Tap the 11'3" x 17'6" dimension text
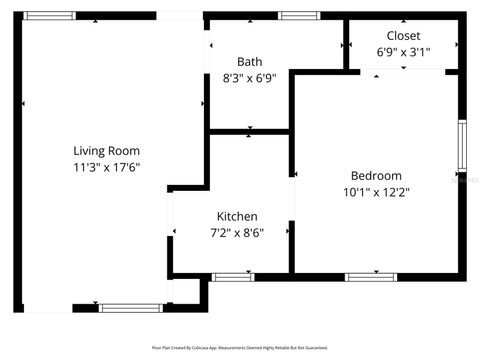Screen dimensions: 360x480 (x=106, y=166)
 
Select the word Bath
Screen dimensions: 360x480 (x=249, y=61)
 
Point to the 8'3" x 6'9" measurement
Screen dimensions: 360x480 (x=249, y=77)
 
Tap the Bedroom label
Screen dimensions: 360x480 (x=376, y=176)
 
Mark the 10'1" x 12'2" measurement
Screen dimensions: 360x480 (x=376, y=193)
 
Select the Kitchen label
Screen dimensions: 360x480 (x=237, y=216)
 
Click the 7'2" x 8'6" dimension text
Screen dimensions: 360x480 (x=237, y=233)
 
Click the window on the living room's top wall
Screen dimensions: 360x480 (x=49, y=16)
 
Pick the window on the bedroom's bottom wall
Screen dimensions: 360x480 (x=371, y=276)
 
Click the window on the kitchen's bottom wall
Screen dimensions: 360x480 (x=233, y=276)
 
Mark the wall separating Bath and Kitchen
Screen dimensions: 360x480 (x=249, y=130)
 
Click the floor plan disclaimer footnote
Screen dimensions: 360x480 (x=239, y=347)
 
